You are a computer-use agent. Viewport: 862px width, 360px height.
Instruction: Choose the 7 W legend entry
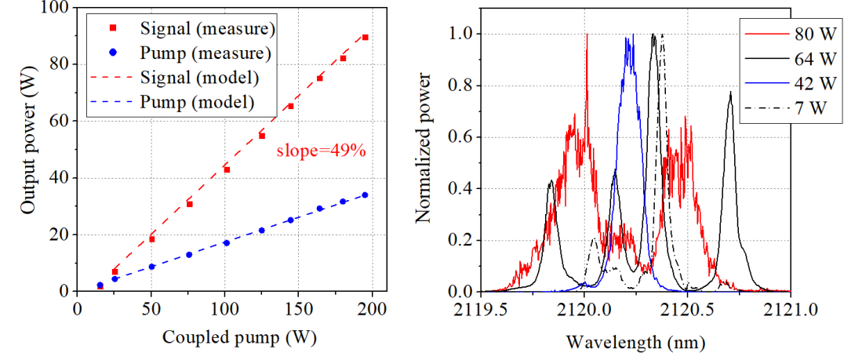click(808, 110)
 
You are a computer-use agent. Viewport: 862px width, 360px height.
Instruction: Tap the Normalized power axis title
click(424, 149)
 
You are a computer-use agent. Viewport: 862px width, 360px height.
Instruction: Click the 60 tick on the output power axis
click(59, 121)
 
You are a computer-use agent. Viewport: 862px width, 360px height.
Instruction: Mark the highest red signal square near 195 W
click(365, 38)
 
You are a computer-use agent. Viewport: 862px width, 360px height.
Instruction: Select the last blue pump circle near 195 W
click(365, 195)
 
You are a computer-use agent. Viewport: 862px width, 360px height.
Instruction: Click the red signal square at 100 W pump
click(227, 169)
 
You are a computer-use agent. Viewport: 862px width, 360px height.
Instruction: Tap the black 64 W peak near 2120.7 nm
click(730, 93)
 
